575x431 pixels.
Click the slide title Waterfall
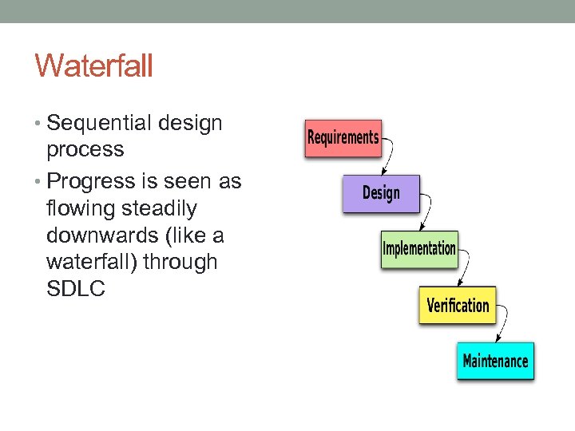click(93, 65)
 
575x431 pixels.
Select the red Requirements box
click(343, 138)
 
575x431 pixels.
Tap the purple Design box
click(381, 193)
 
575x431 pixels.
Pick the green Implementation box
click(419, 248)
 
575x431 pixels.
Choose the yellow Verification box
click(458, 305)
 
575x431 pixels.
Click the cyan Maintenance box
click(495, 361)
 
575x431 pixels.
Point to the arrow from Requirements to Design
click(391, 155)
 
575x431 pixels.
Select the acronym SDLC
click(76, 289)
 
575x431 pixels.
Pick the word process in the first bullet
click(85, 149)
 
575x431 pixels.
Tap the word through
click(180, 263)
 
